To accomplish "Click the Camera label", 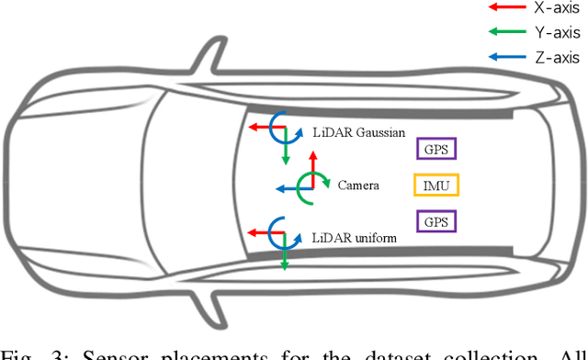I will pos(358,185).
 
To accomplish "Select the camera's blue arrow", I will pos(290,187).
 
